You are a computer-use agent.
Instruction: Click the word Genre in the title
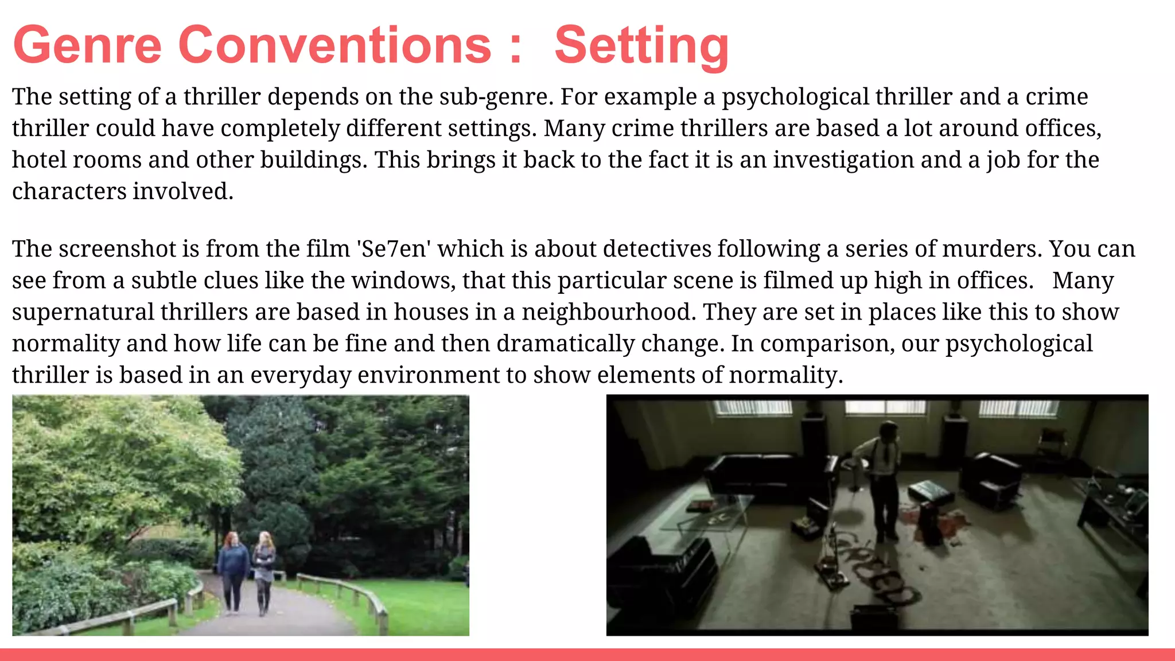pos(87,46)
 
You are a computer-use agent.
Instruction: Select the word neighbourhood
pos(608,312)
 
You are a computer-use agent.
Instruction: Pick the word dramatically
pos(565,344)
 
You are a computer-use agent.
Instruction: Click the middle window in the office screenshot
pos(886,408)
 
